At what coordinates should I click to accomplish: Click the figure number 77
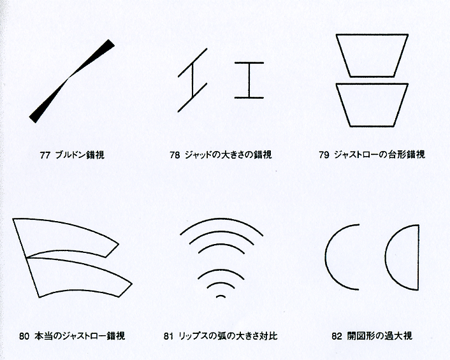point(45,155)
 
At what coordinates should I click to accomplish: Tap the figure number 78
point(175,155)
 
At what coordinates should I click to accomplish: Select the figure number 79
point(324,155)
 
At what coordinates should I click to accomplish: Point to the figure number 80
point(24,336)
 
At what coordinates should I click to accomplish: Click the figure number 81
point(169,336)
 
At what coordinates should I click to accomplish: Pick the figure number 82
point(337,336)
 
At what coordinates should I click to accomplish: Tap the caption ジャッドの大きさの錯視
point(228,155)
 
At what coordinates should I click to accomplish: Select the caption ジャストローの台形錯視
point(379,155)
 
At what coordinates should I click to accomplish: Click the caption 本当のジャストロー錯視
point(80,336)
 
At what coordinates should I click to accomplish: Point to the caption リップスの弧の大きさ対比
point(228,336)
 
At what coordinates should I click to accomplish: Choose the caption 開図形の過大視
point(380,336)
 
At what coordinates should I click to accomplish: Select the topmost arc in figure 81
point(221,219)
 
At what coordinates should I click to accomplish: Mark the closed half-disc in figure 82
point(418,257)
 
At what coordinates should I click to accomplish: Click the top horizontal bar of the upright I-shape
point(249,62)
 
